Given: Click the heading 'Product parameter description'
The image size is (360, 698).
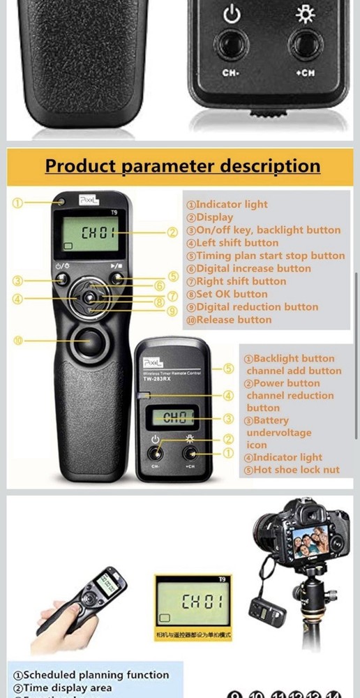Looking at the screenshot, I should (x=183, y=167).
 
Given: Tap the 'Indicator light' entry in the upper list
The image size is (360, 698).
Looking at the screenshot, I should (x=227, y=205).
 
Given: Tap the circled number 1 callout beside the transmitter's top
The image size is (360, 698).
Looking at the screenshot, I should (x=17, y=203).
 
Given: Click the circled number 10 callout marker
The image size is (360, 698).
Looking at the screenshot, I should (x=17, y=340).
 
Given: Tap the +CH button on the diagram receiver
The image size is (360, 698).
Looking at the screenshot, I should (x=188, y=454).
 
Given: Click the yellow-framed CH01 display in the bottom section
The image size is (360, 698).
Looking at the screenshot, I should (x=193, y=602).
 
